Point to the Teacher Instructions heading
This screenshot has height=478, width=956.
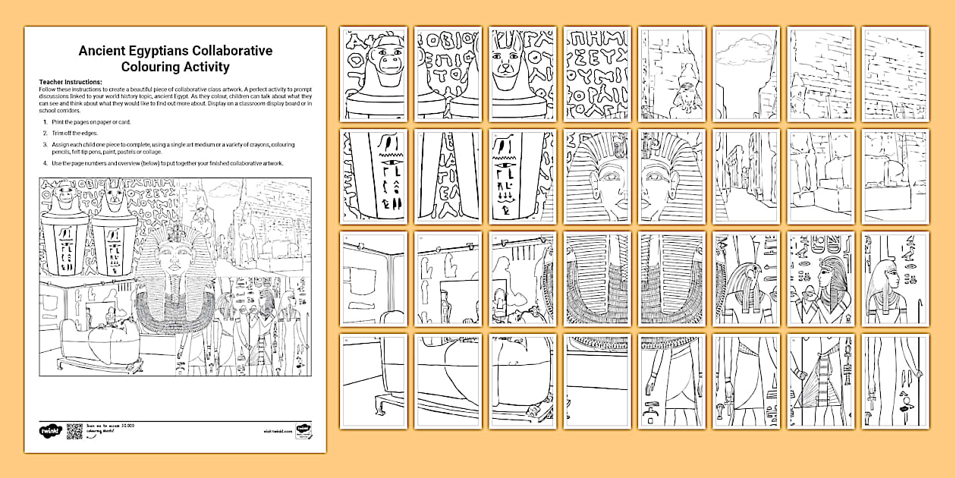[70, 82]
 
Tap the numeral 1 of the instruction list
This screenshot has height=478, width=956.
[46, 121]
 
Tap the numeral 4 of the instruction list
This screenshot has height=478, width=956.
[46, 163]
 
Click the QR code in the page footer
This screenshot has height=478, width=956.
[74, 431]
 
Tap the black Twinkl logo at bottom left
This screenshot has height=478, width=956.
[49, 431]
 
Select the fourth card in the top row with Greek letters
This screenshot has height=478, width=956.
[597, 73]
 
